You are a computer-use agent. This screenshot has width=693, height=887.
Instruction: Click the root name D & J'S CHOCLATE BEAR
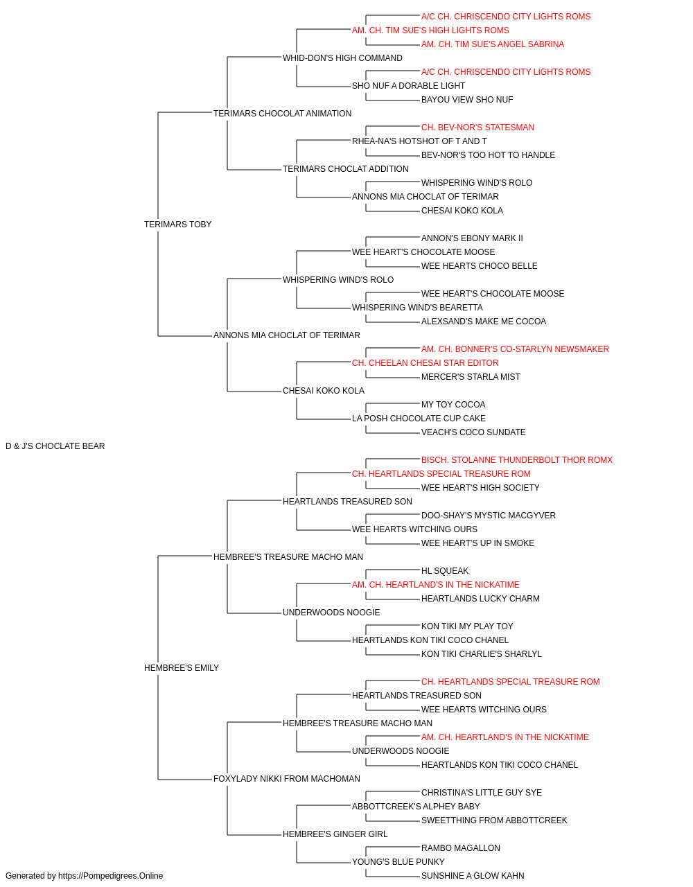click(x=55, y=446)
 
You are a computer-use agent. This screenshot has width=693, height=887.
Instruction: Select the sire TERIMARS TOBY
click(x=177, y=225)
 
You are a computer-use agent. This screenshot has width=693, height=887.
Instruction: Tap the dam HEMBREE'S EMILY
click(x=181, y=668)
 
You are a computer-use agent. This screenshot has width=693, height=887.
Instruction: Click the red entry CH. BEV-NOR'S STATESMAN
click(x=477, y=128)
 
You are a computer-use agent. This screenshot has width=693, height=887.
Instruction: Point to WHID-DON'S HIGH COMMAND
click(x=342, y=58)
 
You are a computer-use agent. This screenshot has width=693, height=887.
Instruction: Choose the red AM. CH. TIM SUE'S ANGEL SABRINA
click(x=493, y=44)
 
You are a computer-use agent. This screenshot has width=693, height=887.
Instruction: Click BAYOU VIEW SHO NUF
click(x=467, y=100)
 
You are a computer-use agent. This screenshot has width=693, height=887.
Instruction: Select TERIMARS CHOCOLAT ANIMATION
click(x=282, y=114)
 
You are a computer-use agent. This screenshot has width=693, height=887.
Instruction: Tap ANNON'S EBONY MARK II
click(x=472, y=238)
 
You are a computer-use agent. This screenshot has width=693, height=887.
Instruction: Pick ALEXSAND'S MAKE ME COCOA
click(x=484, y=322)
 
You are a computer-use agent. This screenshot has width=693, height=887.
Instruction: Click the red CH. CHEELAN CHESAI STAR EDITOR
click(x=426, y=363)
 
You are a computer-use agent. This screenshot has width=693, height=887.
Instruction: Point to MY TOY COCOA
click(x=453, y=405)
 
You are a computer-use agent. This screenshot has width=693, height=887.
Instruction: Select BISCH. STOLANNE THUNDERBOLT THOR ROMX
click(x=517, y=460)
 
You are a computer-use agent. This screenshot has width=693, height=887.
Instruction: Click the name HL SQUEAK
click(x=445, y=570)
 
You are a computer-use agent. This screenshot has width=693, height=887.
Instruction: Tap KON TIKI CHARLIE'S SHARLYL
click(x=481, y=654)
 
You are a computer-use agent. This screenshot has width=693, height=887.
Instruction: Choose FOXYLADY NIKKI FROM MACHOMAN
click(x=286, y=779)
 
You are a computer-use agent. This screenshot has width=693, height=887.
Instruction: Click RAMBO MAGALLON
click(x=460, y=848)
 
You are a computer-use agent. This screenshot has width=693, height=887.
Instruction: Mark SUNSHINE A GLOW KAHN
click(x=473, y=876)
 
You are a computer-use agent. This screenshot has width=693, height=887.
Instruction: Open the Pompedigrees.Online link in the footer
click(x=111, y=876)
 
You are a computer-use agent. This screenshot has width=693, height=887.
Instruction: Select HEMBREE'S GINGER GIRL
click(x=335, y=834)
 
